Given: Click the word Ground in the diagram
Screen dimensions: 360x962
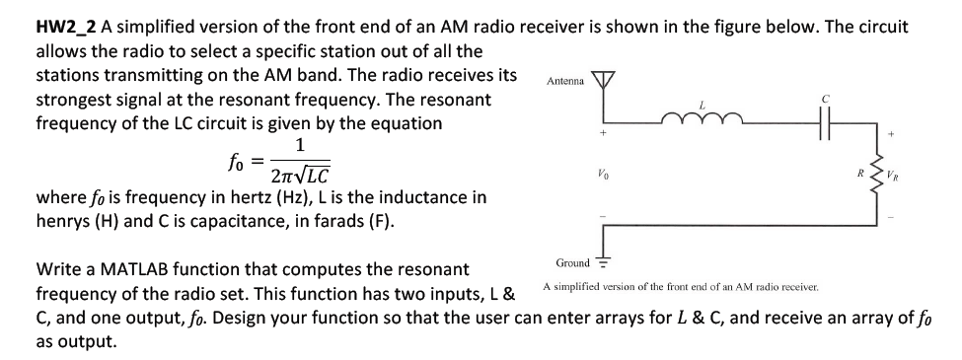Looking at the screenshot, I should (x=572, y=262).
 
